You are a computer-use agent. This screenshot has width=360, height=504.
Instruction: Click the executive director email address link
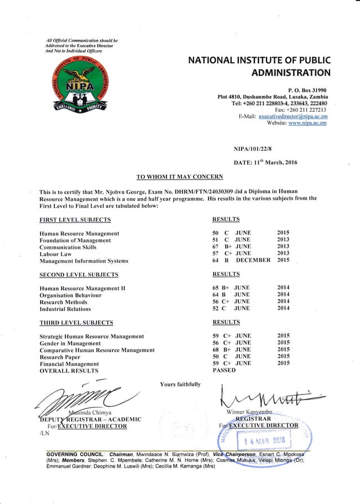pyautogui.click(x=293, y=116)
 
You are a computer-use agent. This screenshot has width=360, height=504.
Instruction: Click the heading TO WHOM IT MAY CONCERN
pyautogui.click(x=180, y=176)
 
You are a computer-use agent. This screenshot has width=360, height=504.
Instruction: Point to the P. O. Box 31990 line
pyautogui.click(x=308, y=90)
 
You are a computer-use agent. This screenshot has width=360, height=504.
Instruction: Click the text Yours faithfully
pyautogui.click(x=179, y=386)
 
